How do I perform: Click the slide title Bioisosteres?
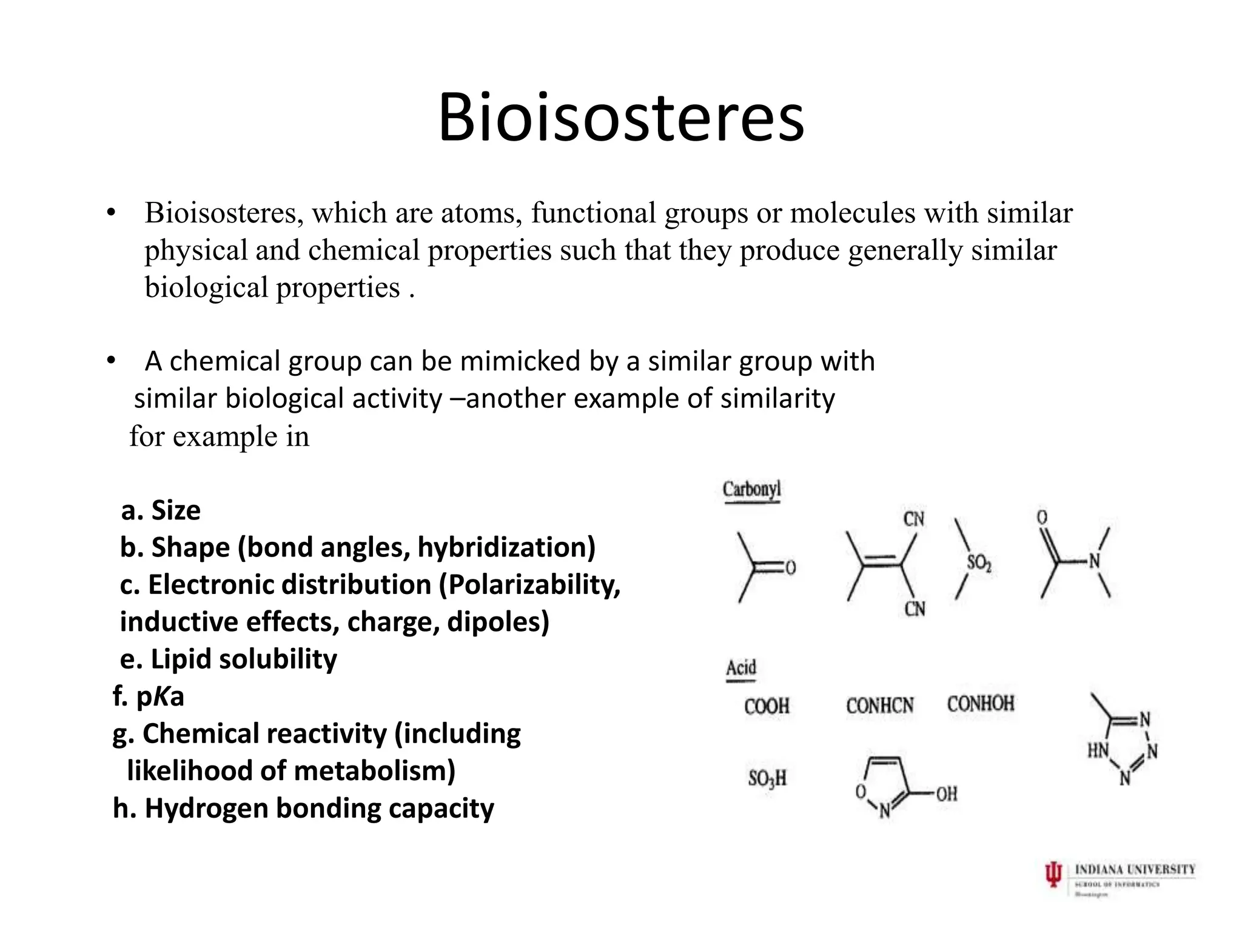pos(621,118)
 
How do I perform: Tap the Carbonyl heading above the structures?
pos(751,489)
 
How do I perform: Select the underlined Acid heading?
pos(741,668)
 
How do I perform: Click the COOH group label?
pos(767,706)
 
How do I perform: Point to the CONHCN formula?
pos(879,706)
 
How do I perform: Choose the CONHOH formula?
pos(980,704)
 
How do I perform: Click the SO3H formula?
pos(767,778)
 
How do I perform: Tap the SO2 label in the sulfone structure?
pos(979,564)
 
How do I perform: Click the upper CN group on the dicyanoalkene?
pos(914,519)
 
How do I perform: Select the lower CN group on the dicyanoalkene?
pos(915,609)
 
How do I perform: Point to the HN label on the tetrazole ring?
pos(1098,751)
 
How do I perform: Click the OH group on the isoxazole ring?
pos(946,793)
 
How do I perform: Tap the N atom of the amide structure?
pos(1094,561)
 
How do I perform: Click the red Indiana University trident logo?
pos(1054,875)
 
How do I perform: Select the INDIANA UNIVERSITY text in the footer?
pos(1135,870)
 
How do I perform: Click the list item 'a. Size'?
pos(161,510)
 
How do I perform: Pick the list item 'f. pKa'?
pos(149,696)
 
